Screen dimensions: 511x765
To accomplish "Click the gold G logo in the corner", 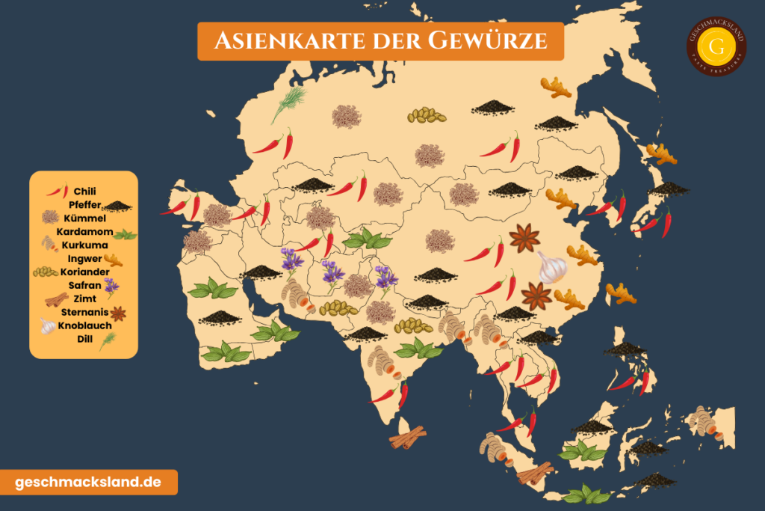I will pyautogui.click(x=716, y=46).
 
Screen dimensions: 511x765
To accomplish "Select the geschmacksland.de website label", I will pyautogui.click(x=88, y=482).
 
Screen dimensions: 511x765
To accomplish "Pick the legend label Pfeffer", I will pyautogui.click(x=84, y=205).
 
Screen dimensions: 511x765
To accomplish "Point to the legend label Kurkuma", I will pyautogui.click(x=84, y=245).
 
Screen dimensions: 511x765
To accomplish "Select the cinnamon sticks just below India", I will pyautogui.click(x=408, y=437).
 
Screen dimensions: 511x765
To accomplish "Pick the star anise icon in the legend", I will pyautogui.click(x=118, y=313).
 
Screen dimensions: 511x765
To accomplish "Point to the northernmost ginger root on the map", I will pyautogui.click(x=555, y=88).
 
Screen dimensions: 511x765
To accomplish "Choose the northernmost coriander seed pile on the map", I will pyautogui.click(x=427, y=115).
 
